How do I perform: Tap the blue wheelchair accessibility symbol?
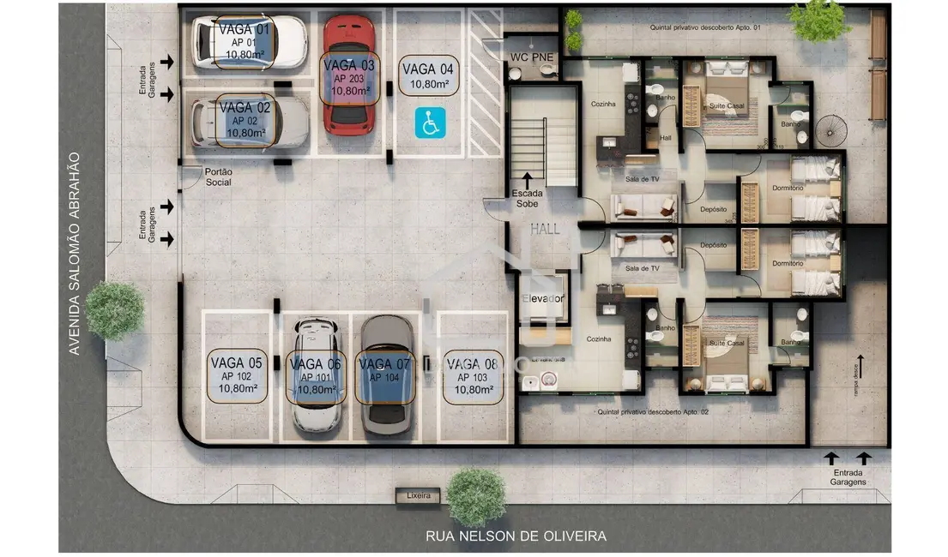428,123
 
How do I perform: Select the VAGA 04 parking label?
428,76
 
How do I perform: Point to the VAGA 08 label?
473,375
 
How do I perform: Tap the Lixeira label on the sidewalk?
418,495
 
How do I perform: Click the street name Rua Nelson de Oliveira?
516,536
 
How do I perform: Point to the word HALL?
545,229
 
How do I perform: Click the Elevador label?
544,298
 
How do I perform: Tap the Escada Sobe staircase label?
528,199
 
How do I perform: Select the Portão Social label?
219,177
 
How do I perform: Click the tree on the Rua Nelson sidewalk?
476,494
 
